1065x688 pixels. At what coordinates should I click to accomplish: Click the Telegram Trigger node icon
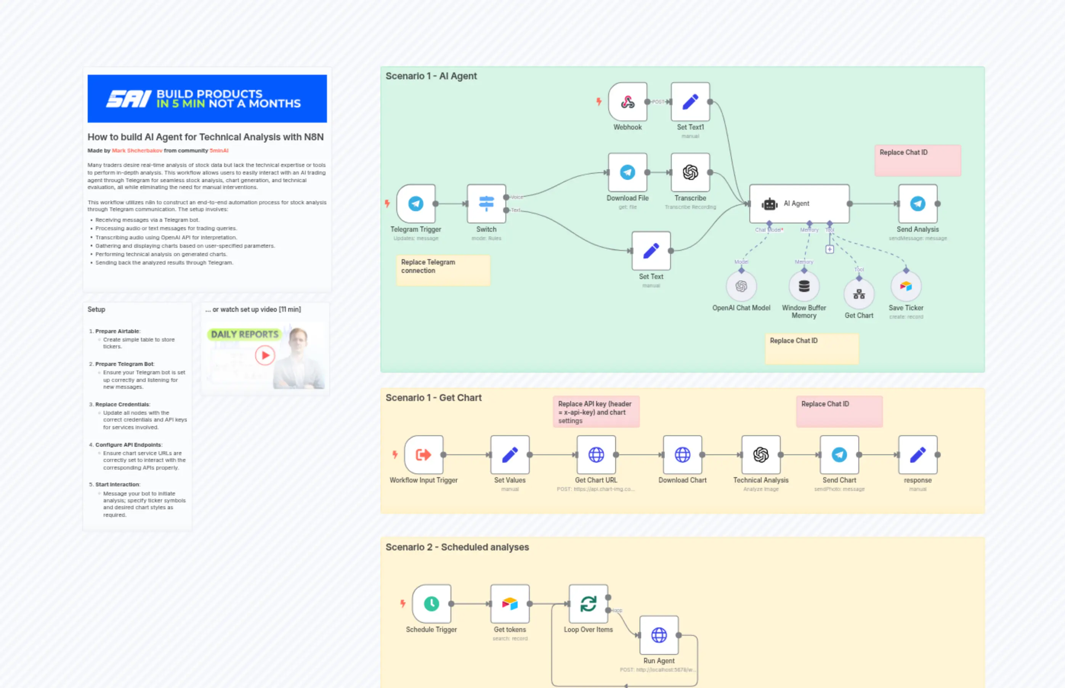pos(416,204)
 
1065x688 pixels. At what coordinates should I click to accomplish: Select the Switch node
pos(486,204)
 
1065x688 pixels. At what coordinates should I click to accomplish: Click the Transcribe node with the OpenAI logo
pos(690,172)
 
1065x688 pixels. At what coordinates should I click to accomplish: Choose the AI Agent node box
pos(799,204)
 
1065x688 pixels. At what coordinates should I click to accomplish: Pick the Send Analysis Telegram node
pos(917,204)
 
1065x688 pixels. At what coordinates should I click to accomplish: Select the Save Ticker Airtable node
pos(906,286)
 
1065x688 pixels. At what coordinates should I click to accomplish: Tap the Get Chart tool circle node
pos(859,294)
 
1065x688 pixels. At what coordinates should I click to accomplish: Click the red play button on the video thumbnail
pos(265,356)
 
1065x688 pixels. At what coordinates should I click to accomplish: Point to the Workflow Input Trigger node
pos(423,455)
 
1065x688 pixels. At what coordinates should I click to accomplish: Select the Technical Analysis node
pos(760,455)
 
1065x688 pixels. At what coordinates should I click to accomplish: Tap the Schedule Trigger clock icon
pos(431,604)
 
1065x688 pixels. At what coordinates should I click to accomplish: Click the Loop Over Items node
pos(588,604)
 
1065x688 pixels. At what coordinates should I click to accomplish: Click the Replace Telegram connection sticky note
pos(443,270)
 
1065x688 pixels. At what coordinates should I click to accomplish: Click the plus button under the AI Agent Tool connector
pos(829,249)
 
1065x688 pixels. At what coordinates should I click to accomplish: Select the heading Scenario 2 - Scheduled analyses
pos(457,547)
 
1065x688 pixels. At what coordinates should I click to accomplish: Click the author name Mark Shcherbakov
pos(137,151)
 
